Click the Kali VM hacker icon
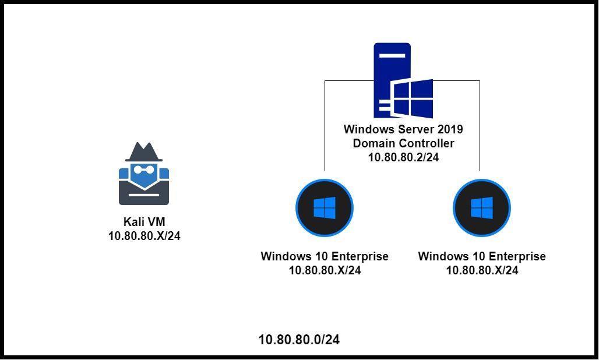click(x=144, y=175)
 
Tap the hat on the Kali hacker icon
click(x=144, y=152)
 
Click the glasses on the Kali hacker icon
click(x=144, y=170)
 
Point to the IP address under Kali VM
click(x=144, y=237)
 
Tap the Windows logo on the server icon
click(x=413, y=98)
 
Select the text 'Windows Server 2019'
click(x=403, y=129)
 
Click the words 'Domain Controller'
click(x=403, y=143)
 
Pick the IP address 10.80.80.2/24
click(x=403, y=157)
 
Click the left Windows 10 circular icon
click(x=325, y=208)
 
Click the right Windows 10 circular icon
click(x=482, y=208)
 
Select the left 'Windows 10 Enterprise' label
click(x=325, y=256)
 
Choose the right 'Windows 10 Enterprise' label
click(x=482, y=256)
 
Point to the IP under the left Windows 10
click(x=325, y=270)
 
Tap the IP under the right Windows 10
click(x=482, y=270)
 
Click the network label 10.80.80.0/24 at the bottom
click(x=299, y=340)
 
